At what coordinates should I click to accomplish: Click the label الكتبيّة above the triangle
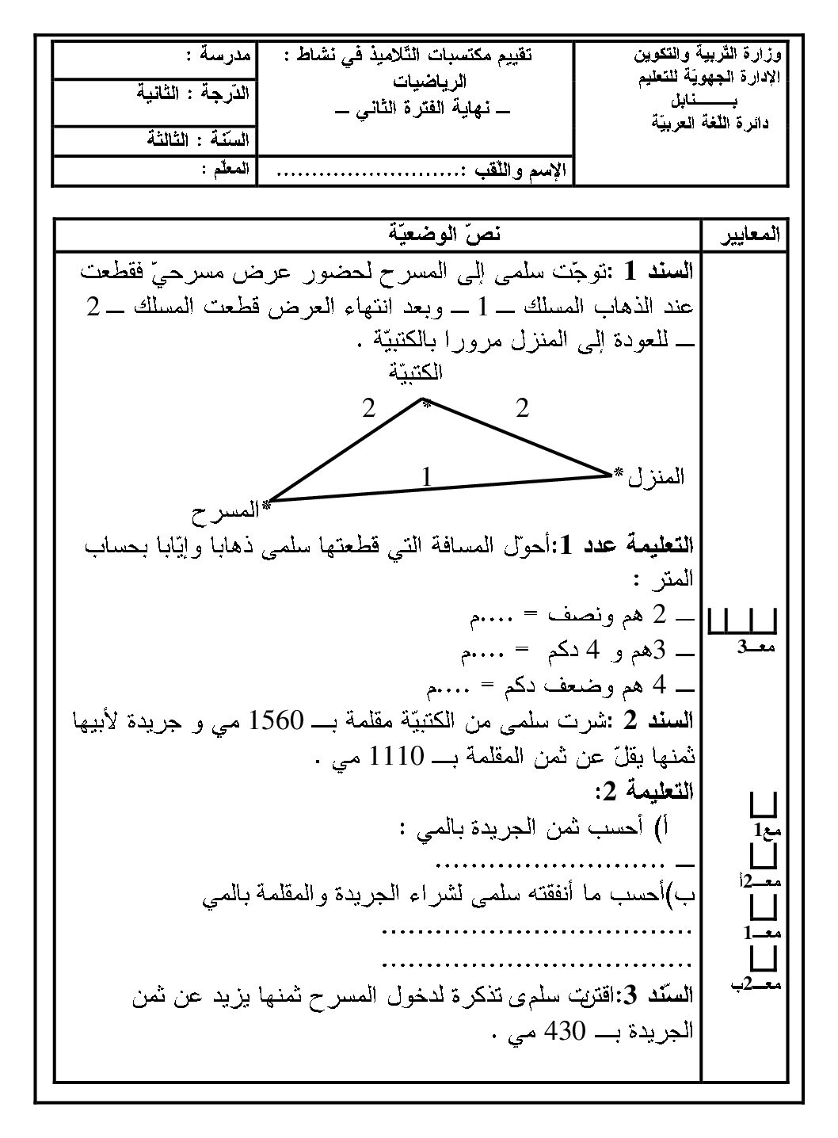point(416,371)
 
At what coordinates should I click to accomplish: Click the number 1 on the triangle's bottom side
point(426,477)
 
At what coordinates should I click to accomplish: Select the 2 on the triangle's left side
point(368,409)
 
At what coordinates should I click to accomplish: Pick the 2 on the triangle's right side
point(521,409)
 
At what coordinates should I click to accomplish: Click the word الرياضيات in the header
point(430,81)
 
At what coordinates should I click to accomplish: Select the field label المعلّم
point(225,169)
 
